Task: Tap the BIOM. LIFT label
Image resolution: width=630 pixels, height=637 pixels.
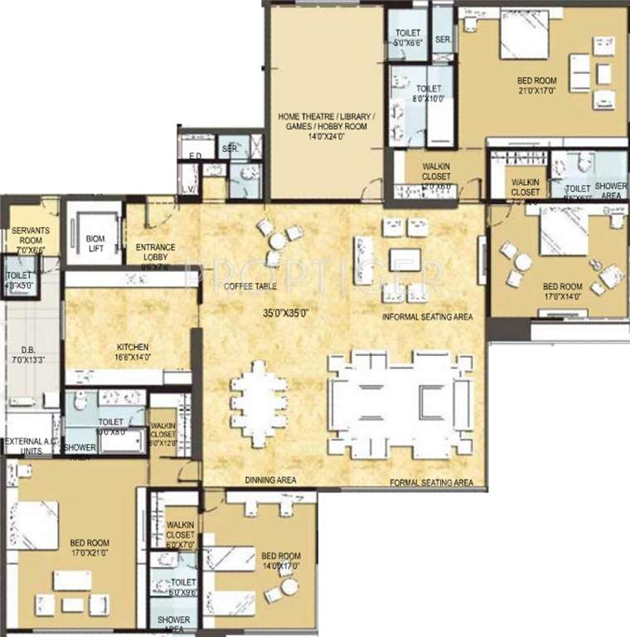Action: pyautogui.click(x=95, y=243)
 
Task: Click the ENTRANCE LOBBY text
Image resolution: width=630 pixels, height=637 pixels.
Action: pyautogui.click(x=155, y=252)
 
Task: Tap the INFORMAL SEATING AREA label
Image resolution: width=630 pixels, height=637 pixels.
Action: pyautogui.click(x=427, y=317)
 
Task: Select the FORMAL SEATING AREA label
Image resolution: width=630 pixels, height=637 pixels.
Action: pyautogui.click(x=432, y=482)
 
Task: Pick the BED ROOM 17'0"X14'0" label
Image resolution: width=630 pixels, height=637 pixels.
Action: pyautogui.click(x=564, y=290)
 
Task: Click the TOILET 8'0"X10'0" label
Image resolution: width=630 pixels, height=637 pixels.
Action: pyautogui.click(x=429, y=93)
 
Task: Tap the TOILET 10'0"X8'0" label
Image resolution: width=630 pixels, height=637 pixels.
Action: pyautogui.click(x=110, y=426)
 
